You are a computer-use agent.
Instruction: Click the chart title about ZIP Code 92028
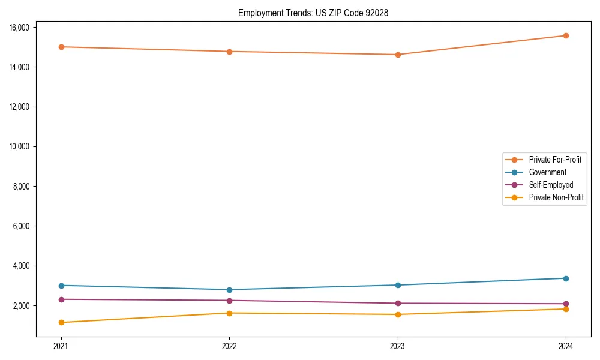click(x=313, y=13)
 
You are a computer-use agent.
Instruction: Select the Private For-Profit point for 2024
click(x=566, y=35)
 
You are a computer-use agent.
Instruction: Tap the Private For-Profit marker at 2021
click(x=61, y=47)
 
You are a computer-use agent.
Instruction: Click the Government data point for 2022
click(x=229, y=290)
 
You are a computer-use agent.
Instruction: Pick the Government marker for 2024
click(x=566, y=278)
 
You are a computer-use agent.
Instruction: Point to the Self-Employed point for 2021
click(x=61, y=299)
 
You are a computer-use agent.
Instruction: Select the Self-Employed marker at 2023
click(x=398, y=304)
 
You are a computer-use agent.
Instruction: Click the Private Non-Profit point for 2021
click(x=61, y=323)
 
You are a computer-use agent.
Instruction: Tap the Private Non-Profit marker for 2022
click(x=229, y=313)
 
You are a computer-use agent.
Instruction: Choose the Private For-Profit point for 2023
click(x=398, y=55)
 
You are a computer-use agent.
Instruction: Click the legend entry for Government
click(x=547, y=172)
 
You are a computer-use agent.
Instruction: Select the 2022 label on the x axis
click(x=229, y=346)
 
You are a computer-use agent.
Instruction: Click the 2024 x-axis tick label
click(x=566, y=346)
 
